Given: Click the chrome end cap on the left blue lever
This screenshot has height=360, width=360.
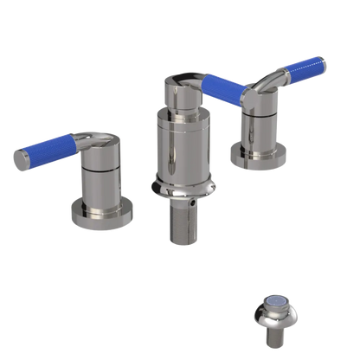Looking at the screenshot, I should (x=20, y=159).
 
